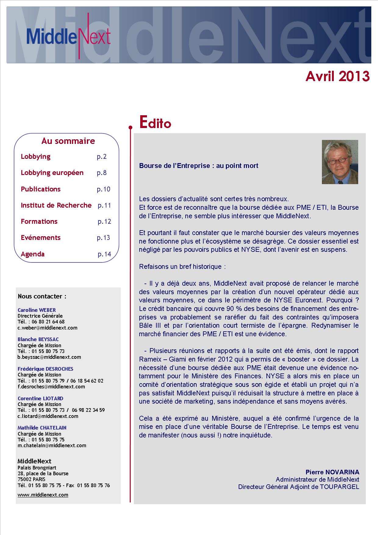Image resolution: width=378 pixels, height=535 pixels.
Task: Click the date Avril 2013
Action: coord(337,76)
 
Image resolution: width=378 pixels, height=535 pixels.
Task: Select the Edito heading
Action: coord(155,122)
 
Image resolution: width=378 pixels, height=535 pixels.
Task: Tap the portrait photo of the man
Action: coord(340,162)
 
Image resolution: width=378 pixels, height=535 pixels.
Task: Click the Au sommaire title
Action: coord(68,141)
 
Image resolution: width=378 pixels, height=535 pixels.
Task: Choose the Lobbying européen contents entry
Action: coord(52,173)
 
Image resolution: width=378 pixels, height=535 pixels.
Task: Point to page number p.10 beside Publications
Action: coord(103,189)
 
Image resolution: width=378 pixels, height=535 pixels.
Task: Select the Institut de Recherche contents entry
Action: coord(56,205)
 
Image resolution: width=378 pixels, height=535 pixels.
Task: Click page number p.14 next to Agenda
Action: coord(104,254)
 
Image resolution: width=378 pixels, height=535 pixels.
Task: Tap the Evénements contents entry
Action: coord(41,238)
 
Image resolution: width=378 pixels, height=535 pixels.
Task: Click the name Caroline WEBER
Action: coord(37,310)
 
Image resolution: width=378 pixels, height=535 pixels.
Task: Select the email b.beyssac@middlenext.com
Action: coord(49,357)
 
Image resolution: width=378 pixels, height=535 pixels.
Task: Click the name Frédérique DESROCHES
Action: coord(45,369)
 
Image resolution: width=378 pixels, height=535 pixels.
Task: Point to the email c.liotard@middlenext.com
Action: coord(48,416)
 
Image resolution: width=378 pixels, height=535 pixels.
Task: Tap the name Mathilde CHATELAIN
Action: coord(42,428)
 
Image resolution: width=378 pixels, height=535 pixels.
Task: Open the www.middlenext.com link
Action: coord(43,495)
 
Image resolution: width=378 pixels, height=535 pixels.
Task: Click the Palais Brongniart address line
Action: coord(37,468)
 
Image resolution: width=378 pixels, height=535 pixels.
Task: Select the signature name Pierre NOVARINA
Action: coord(332,472)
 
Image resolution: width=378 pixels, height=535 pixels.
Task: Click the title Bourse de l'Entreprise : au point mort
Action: coord(198,166)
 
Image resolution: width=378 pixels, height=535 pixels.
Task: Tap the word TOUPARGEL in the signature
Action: coord(339,487)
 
